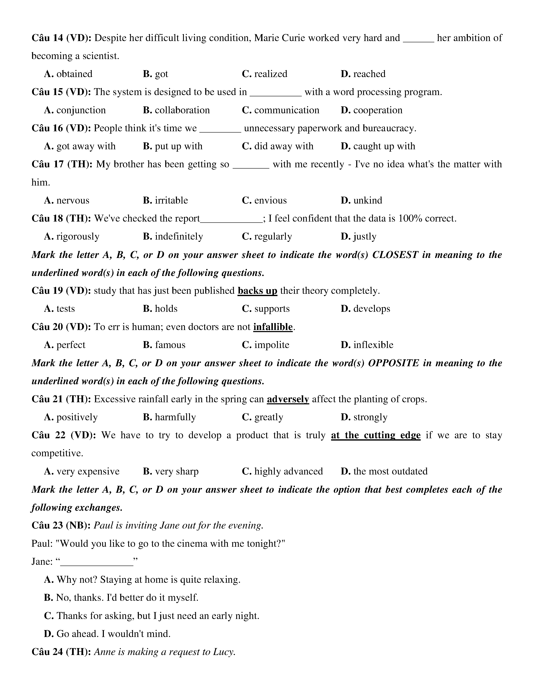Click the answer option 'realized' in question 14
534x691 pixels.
271,74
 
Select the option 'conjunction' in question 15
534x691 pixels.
81,110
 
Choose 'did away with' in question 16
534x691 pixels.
284,146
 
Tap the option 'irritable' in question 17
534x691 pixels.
171,200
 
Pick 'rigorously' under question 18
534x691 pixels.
77,236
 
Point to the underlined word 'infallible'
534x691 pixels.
273,327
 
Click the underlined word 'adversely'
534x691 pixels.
288,399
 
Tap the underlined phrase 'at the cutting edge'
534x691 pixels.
375,435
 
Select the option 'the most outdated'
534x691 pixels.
390,471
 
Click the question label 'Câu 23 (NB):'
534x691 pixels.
61,526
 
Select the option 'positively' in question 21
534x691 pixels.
77,417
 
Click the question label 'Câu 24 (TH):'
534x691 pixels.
61,652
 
